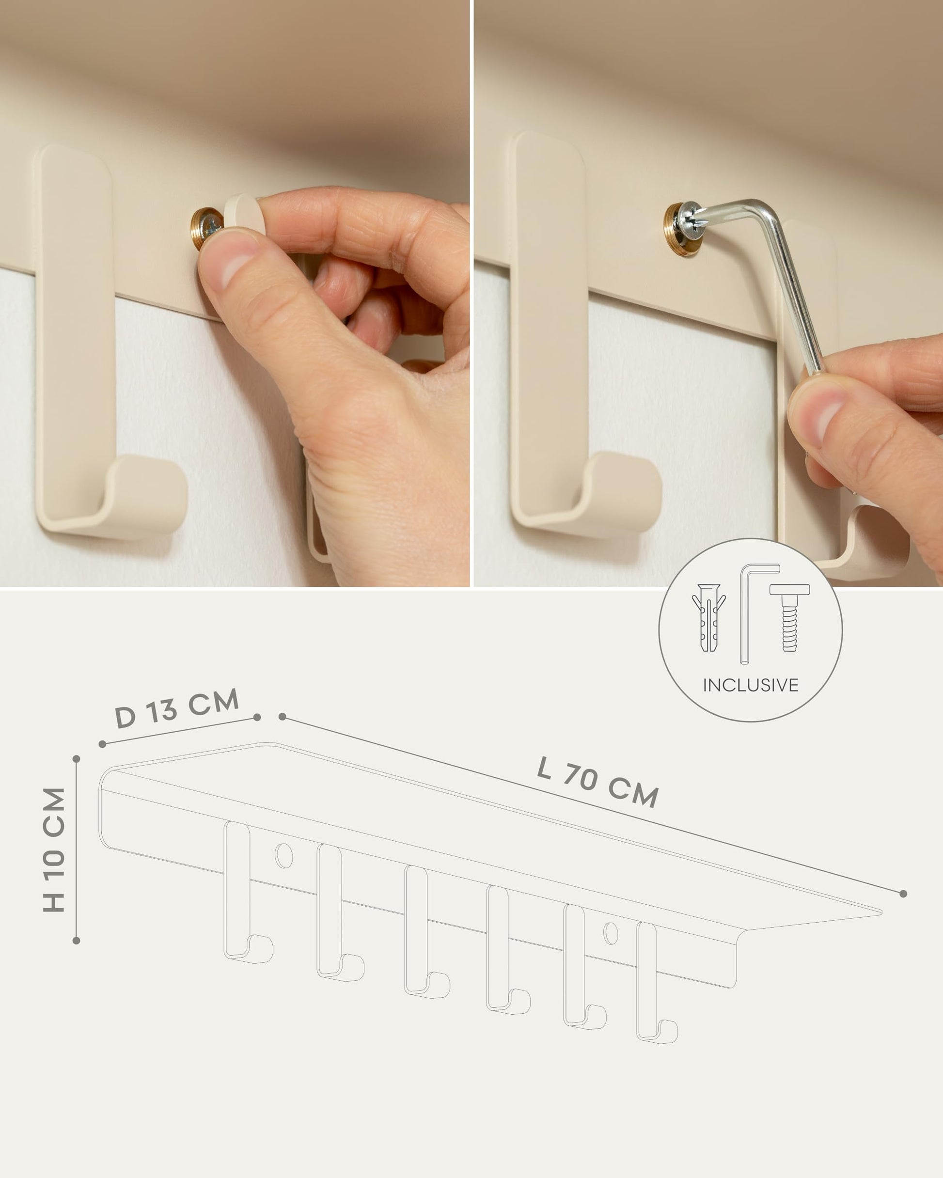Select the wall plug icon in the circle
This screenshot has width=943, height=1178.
tap(708, 617)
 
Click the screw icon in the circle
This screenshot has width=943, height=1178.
tap(789, 617)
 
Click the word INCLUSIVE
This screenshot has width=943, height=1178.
tap(750, 685)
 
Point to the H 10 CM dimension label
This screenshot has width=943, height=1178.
tap(55, 849)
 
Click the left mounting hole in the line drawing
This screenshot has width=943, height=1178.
tap(283, 856)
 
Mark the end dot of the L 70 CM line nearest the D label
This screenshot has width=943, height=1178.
tap(282, 716)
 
